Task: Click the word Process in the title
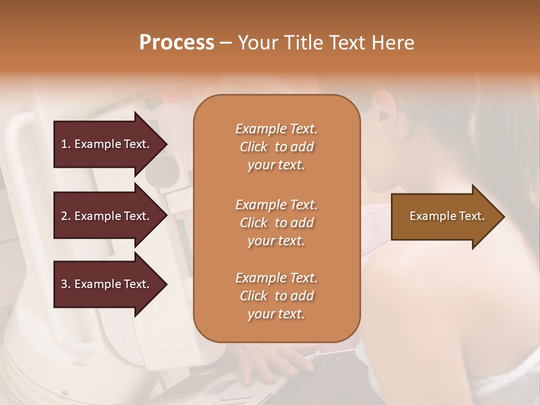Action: click(177, 43)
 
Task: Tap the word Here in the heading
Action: click(393, 43)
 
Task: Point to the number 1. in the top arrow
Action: click(66, 144)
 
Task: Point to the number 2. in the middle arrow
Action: click(66, 216)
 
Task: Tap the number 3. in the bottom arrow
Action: click(66, 284)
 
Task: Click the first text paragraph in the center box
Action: click(276, 147)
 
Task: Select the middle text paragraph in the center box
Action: click(276, 222)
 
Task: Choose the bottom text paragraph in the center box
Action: click(276, 296)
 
